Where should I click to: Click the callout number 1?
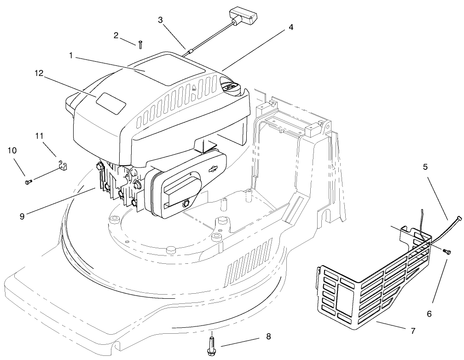pos(71,55)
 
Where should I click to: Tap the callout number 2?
pos(116,35)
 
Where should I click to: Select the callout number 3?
pos(160,20)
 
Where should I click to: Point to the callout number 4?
pos(291,27)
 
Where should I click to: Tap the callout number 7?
pos(413,331)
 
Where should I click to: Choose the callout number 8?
pos(268,337)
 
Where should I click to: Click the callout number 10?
pos(11,151)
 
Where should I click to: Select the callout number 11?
pos(39,135)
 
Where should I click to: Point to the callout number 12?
pos(39,73)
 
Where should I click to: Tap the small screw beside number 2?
pos(140,44)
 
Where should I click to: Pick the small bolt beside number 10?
pos(28,182)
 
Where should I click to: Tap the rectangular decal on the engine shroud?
pos(110,102)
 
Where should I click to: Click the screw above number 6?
pos(446,251)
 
